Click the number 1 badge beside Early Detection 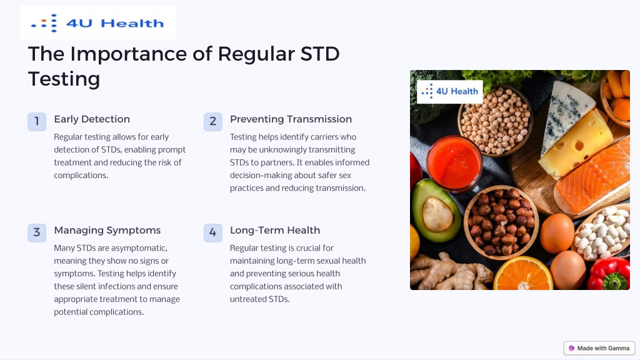(x=37, y=122)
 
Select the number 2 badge (x=213, y=122)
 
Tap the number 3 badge (x=37, y=232)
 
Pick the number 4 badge (x=213, y=232)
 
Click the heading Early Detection (x=92, y=119)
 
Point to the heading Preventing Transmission (x=291, y=119)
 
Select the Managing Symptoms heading (x=107, y=231)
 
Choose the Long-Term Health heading (x=275, y=230)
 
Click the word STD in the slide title (x=319, y=54)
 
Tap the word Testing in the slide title (x=64, y=79)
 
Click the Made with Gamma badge (x=599, y=348)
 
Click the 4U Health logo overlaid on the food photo (x=450, y=91)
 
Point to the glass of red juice (x=454, y=163)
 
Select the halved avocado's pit (x=437, y=214)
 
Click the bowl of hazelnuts (x=501, y=222)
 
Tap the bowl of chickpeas (x=495, y=121)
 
